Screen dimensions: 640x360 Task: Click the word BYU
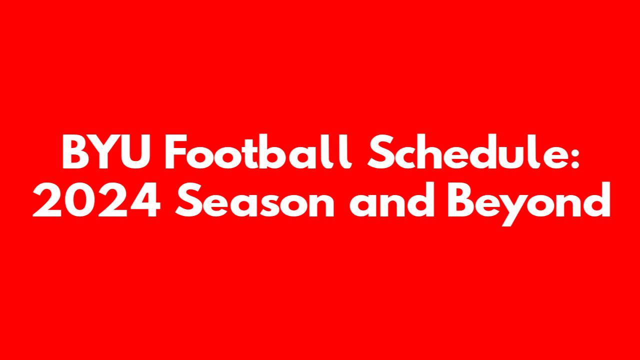(x=106, y=151)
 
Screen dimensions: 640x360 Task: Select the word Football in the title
(x=257, y=151)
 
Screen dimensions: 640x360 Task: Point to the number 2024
(x=96, y=200)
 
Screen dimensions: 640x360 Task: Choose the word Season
(x=254, y=200)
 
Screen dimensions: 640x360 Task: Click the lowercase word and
(x=392, y=199)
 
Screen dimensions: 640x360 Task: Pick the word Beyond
(x=529, y=203)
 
